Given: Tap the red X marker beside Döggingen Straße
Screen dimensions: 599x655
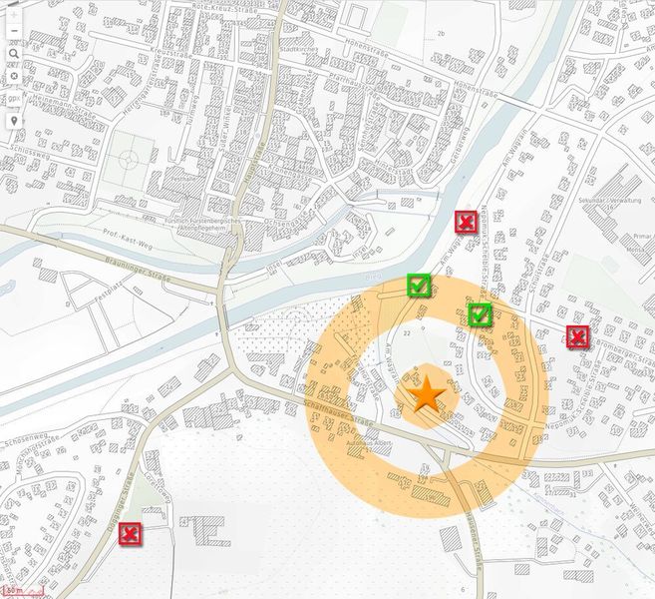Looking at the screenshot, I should [x=129, y=534].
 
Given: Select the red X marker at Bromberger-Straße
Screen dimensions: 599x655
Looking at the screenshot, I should [x=576, y=335].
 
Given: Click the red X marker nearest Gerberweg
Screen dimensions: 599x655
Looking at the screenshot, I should [x=465, y=222].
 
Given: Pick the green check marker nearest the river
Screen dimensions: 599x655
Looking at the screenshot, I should [x=419, y=286].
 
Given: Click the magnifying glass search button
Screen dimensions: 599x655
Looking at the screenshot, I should [x=13, y=54].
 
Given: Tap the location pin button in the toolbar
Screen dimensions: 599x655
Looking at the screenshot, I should [x=13, y=120].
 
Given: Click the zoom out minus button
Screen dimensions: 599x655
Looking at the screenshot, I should [x=13, y=32].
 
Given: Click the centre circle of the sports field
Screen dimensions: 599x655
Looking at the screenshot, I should [x=128, y=159].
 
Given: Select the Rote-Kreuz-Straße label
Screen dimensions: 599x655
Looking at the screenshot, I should [x=222, y=6].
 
